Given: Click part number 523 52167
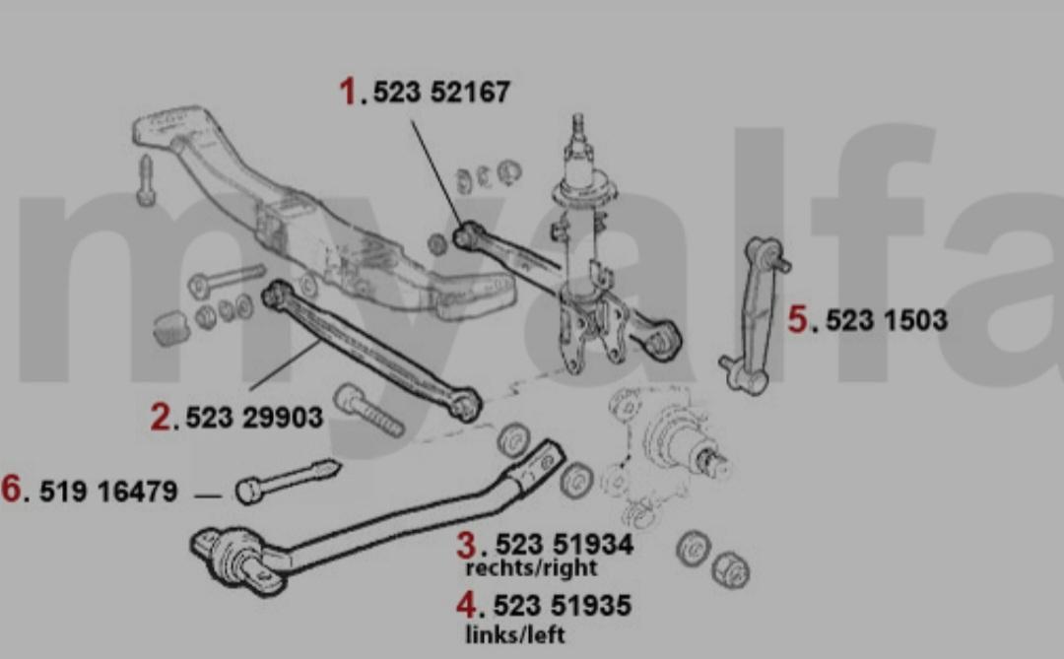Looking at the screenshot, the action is click(x=441, y=93).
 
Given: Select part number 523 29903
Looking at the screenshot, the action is click(x=254, y=418).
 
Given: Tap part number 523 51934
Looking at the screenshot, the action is click(x=565, y=545).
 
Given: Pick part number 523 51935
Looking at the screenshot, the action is click(x=563, y=606).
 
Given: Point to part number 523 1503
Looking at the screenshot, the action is click(x=887, y=320).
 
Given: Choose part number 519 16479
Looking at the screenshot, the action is click(x=108, y=492).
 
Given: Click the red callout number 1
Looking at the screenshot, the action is click(x=348, y=91).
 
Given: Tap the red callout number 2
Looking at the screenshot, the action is click(x=161, y=416).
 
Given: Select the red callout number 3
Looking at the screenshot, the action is click(x=466, y=545).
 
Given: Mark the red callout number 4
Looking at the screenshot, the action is click(x=466, y=605).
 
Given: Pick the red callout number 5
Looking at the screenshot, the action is click(x=797, y=320).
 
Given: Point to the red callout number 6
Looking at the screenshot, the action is click(x=11, y=489).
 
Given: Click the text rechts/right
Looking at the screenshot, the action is click(x=531, y=568).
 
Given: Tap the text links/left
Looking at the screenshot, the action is click(x=515, y=634).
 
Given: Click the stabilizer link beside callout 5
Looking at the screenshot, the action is click(x=756, y=315).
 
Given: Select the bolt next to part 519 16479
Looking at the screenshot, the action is click(x=287, y=481).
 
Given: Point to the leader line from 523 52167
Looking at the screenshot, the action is click(x=436, y=172).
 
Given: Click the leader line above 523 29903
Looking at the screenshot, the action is click(x=285, y=365).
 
